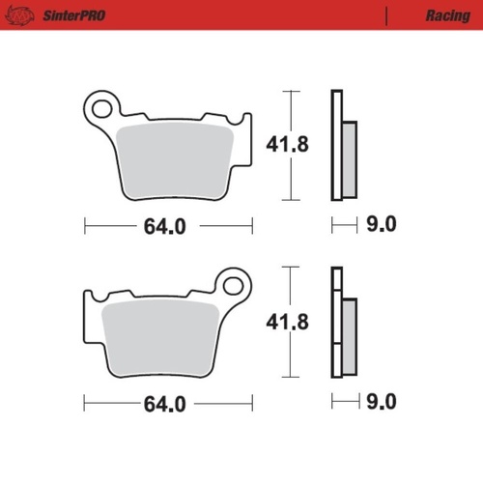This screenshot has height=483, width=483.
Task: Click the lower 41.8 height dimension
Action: tap(287, 323)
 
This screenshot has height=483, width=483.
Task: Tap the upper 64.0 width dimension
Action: tap(164, 227)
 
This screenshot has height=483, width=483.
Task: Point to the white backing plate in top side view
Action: tap(336, 145)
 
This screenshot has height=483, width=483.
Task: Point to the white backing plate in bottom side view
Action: tap(336, 328)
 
